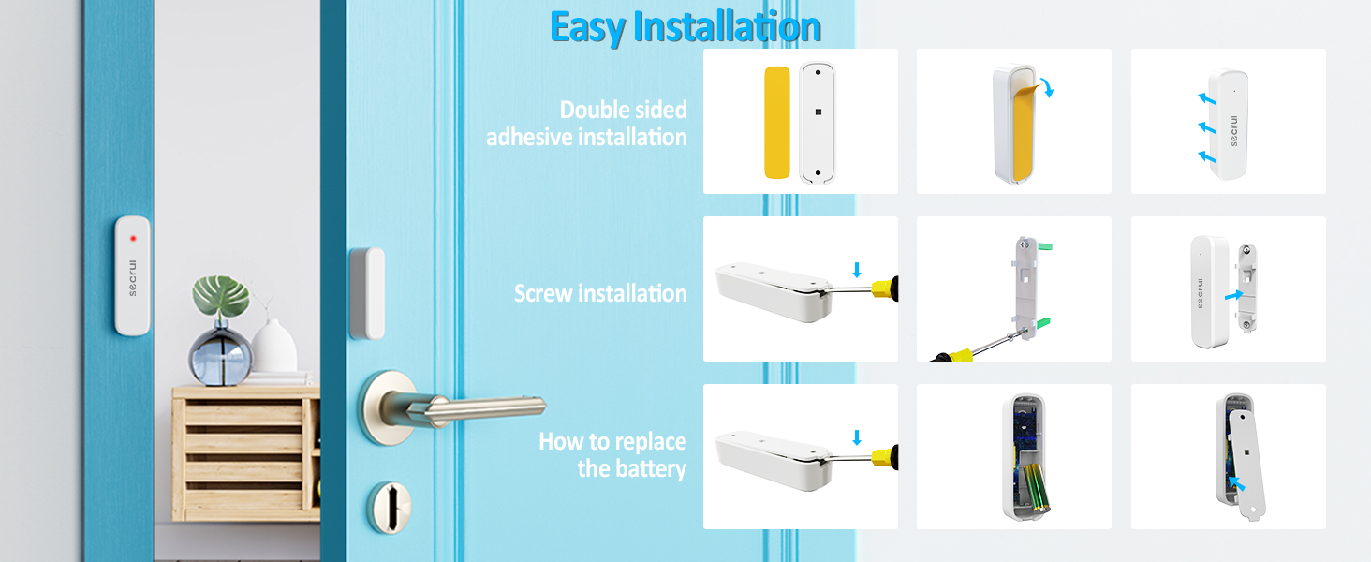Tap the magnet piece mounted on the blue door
(x=366, y=293)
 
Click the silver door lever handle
(x=468, y=407)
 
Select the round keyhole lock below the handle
(x=387, y=506)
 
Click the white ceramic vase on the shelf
(x=273, y=347)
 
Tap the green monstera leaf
(x=222, y=295)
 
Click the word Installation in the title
(x=727, y=27)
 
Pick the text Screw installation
(x=600, y=294)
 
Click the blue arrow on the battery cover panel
(x=1238, y=483)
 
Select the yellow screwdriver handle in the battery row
(x=884, y=457)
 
